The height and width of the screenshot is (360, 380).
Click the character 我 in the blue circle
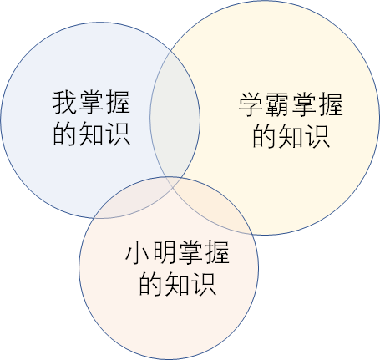pos(64,103)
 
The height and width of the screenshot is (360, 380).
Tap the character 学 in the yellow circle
pos(251,104)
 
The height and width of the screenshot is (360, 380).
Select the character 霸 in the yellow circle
pos(277,104)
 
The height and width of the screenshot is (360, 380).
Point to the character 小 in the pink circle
pos(138,253)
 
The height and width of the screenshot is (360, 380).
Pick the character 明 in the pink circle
pos(164,253)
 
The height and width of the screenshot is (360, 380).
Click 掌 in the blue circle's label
pos(91,103)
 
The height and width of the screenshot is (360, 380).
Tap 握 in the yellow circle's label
pos(331,104)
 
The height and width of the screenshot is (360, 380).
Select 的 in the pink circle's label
pos(151,284)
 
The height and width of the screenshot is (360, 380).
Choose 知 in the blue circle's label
pos(91,134)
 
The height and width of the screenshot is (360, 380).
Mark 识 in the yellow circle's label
pos(317,136)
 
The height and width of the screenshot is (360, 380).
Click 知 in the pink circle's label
pos(177,284)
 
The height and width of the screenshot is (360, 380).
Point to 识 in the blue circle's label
pos(118,134)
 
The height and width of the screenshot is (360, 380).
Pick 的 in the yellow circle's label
pos(264,136)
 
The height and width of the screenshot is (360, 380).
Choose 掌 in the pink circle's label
pos(190,253)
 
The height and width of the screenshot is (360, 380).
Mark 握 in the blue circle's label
pos(118,103)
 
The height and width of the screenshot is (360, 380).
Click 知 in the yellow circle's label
pos(291,136)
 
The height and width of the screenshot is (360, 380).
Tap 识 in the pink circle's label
pos(204,284)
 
